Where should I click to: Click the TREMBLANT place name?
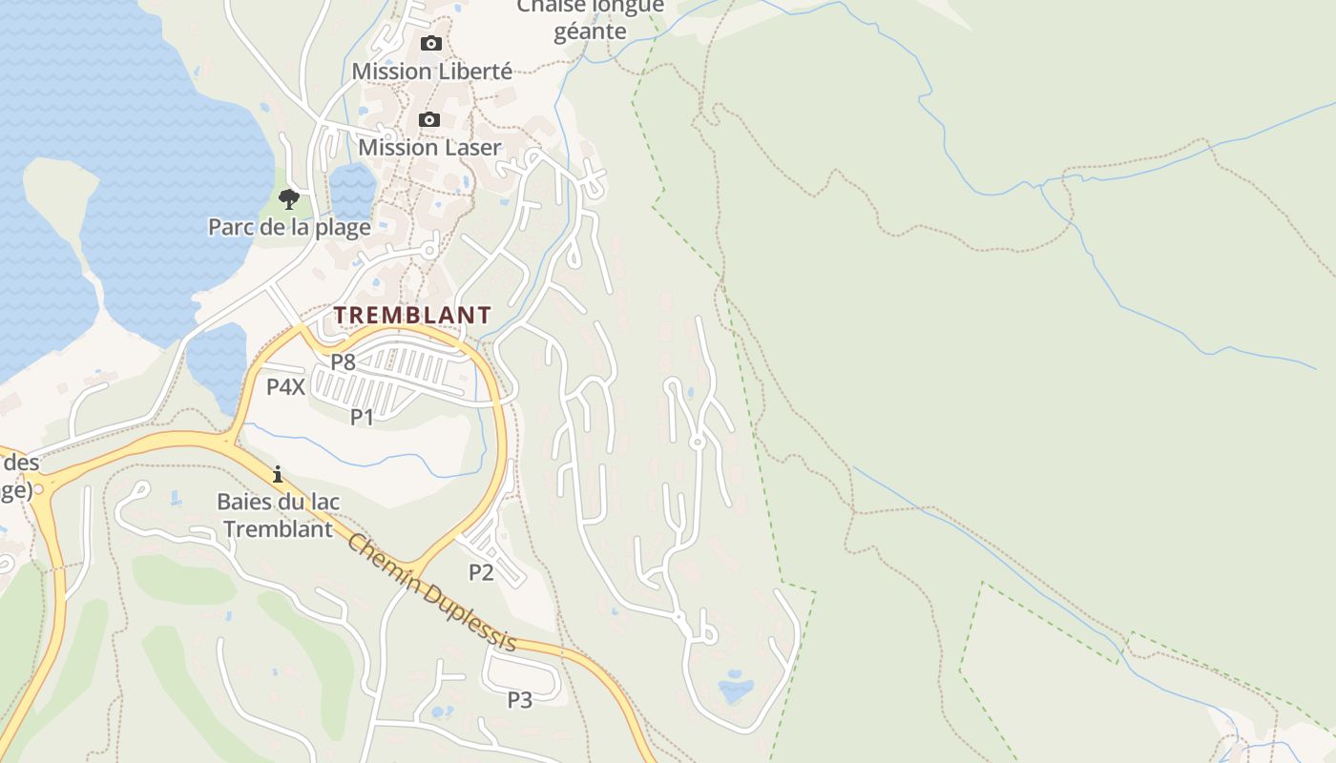(412, 315)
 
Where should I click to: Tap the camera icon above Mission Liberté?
(431, 43)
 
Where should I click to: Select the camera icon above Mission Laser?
(429, 119)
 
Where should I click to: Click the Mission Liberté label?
(431, 72)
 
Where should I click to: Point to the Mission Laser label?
(429, 148)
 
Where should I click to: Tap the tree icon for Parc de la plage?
(289, 198)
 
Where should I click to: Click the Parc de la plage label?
(289, 227)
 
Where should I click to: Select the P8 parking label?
(343, 362)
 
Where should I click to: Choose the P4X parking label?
(285, 387)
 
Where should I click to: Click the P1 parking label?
(362, 417)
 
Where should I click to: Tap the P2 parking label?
(481, 572)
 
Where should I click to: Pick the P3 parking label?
(519, 700)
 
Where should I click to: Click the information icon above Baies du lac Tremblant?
(278, 474)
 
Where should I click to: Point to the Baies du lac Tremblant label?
(278, 515)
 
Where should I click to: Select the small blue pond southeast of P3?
(735, 688)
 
